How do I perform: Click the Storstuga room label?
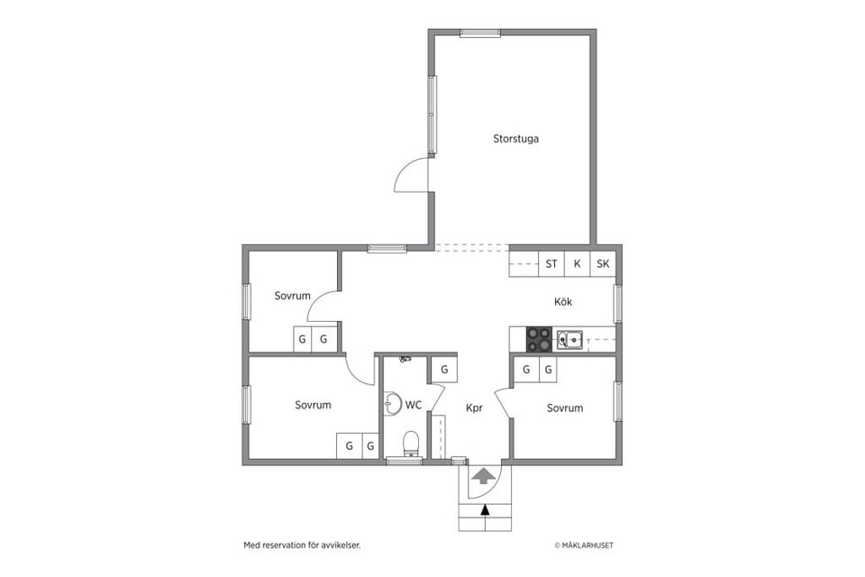(515, 139)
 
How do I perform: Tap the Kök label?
(562, 301)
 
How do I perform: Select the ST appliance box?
(551, 264)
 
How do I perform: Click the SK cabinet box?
(603, 264)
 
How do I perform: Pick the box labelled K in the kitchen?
(577, 264)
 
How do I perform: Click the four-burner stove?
(539, 340)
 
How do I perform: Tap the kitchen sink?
(569, 340)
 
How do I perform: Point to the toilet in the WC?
(412, 444)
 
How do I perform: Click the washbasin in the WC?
(392, 403)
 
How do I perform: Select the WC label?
(414, 406)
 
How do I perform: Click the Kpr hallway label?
(475, 408)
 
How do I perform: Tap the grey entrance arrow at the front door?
(484, 476)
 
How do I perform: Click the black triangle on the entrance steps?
(485, 510)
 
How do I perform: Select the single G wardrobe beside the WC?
(444, 370)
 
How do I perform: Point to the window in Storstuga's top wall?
(480, 32)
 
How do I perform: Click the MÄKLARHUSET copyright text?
(584, 545)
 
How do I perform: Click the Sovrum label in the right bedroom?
(565, 408)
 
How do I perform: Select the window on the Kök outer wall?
(618, 304)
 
